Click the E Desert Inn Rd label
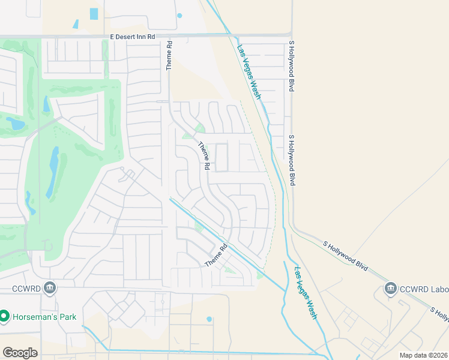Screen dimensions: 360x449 (133, 37)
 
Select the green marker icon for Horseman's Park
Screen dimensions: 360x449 (4, 316)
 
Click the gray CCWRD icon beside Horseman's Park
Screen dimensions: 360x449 (50, 289)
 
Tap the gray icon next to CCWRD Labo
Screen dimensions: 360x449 (391, 289)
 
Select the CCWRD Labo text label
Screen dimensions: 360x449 (424, 289)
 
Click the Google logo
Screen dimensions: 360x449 (20, 353)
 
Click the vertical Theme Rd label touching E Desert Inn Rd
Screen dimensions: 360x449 (170, 56)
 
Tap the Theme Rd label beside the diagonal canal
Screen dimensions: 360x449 (217, 256)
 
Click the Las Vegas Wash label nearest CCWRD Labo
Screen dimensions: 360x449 (305, 293)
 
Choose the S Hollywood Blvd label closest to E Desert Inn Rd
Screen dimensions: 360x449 (291, 65)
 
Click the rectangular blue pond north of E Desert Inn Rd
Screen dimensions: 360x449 (94, 13)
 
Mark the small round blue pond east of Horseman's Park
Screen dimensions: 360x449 (209, 319)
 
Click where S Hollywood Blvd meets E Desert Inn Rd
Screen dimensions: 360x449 (291, 35)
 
